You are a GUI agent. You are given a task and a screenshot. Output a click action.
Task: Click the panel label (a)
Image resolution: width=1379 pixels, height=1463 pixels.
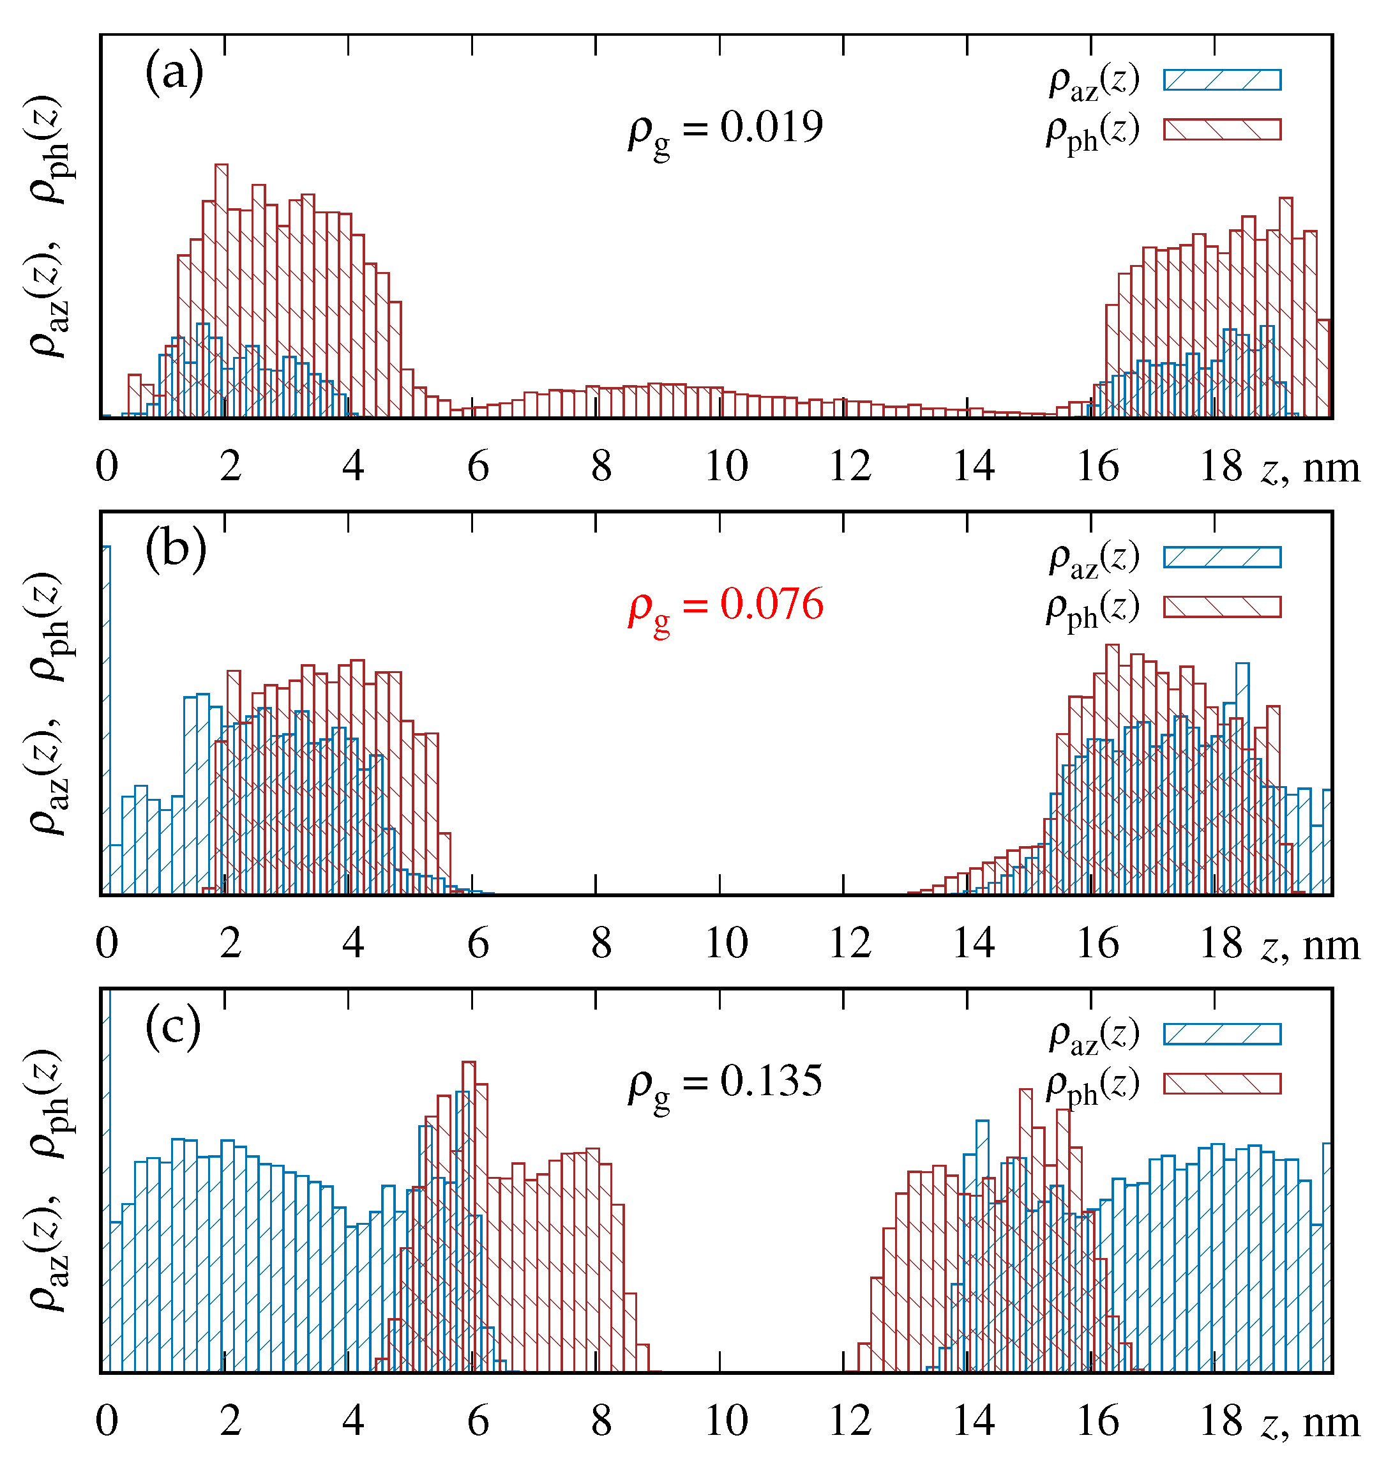point(174,73)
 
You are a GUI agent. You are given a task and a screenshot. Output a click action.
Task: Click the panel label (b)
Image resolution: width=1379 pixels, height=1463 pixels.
point(175,550)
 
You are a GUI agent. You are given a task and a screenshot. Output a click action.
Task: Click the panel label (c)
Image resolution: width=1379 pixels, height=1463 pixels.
point(173,1027)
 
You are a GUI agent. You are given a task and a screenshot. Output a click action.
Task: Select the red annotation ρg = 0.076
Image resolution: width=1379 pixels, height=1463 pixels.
point(725,607)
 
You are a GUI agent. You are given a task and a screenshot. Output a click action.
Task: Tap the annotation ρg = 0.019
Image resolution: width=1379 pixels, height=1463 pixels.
point(725,130)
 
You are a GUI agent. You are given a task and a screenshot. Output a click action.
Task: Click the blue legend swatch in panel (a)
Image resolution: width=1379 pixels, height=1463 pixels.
point(1221,79)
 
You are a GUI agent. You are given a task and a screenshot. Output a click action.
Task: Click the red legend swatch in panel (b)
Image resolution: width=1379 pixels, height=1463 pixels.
point(1221,607)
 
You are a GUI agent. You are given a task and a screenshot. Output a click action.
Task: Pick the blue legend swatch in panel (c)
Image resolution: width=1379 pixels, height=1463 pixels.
point(1221,1034)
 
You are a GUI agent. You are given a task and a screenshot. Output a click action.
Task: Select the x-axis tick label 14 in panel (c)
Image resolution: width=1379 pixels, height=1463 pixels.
point(974,1421)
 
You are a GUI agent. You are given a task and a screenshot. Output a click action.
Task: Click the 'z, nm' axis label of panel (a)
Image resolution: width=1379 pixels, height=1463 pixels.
point(1310,468)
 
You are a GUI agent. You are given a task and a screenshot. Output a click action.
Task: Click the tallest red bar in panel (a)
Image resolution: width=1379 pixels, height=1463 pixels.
point(222,294)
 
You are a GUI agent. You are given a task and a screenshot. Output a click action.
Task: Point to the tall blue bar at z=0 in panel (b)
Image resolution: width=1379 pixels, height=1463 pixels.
point(106,721)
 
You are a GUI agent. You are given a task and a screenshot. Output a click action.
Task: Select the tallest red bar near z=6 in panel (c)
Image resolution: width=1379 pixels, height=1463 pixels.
point(469,1214)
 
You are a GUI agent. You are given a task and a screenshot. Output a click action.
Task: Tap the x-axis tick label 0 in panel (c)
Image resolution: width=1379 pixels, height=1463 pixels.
point(107,1421)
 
